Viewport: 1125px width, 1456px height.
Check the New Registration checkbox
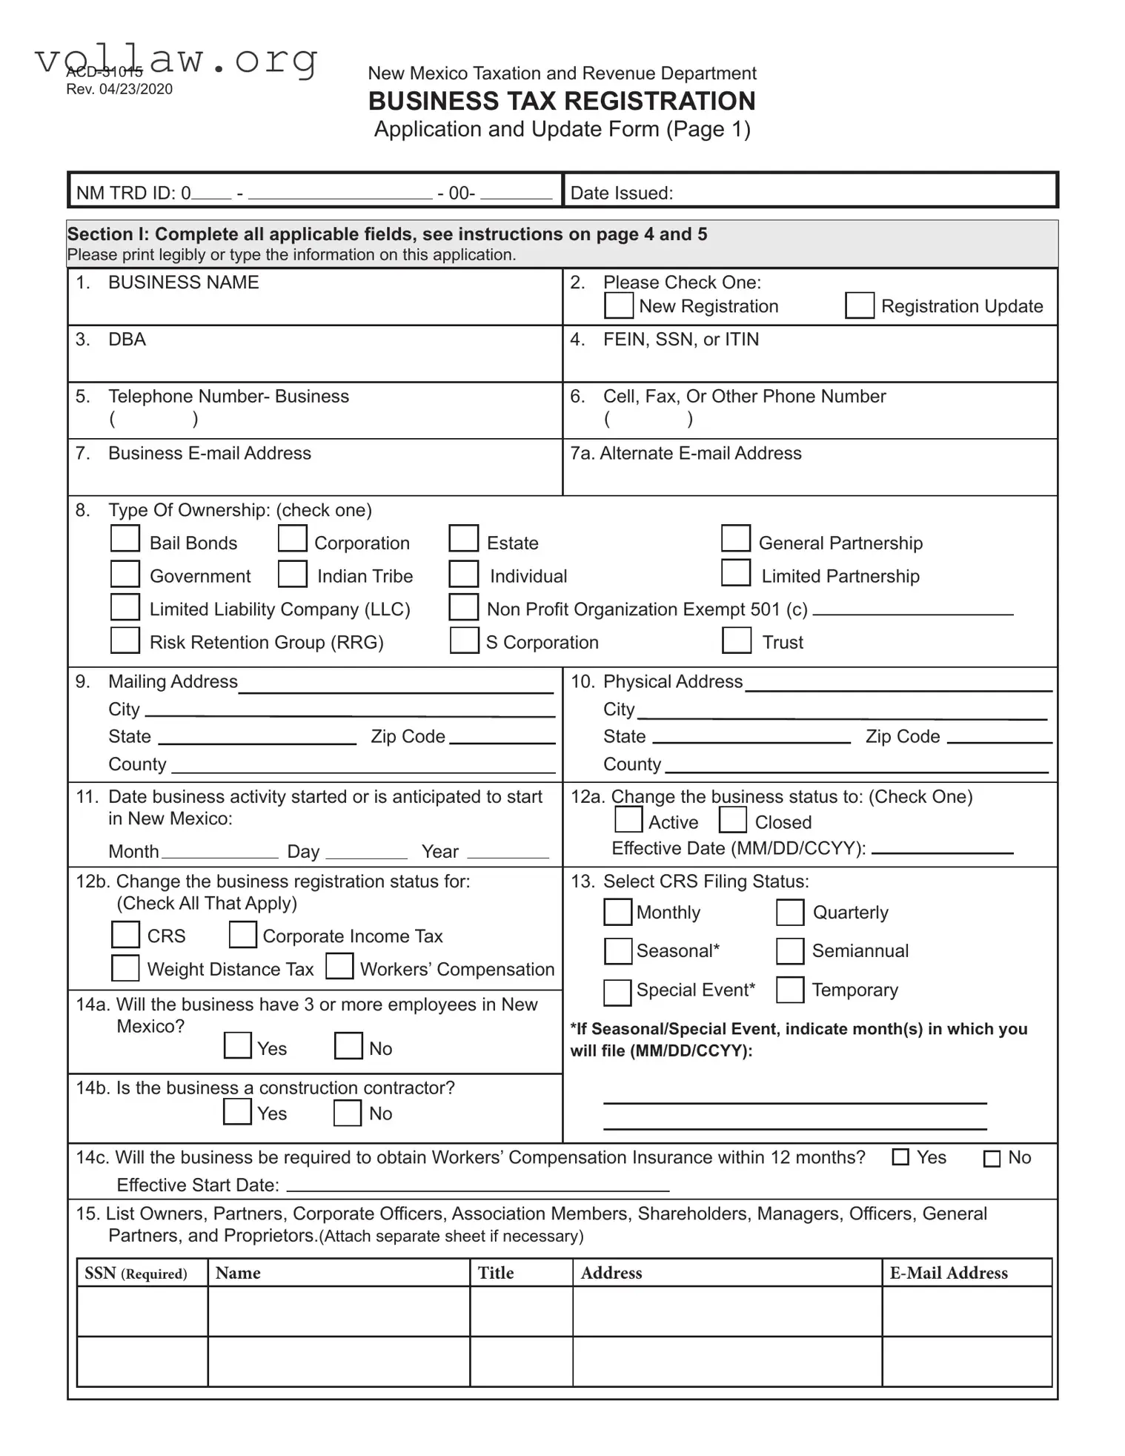pos(618,305)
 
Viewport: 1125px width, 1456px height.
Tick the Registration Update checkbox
pos(859,305)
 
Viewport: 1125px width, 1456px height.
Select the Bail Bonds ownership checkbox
pos(125,538)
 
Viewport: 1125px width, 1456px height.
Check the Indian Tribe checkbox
pos(292,574)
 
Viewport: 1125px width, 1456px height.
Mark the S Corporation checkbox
pos(464,641)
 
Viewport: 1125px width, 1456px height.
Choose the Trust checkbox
pos(736,640)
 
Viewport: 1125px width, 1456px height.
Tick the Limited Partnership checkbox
pos(735,572)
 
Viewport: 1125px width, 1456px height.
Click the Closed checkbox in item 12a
pos(732,820)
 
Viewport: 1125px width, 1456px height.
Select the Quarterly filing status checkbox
pos(789,913)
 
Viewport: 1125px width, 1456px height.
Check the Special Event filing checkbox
pos(617,992)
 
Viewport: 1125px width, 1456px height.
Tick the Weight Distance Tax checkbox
pos(125,968)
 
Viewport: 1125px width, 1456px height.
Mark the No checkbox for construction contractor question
pos(347,1113)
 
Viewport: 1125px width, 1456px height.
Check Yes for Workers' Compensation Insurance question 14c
pos(900,1157)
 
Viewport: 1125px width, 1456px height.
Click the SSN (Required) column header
pos(136,1274)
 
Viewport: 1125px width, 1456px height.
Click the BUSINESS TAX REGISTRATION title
pos(562,101)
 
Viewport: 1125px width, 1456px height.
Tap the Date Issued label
pos(621,193)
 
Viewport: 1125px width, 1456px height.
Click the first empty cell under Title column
pos(520,1311)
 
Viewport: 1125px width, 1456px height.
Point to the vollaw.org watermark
pos(176,59)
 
